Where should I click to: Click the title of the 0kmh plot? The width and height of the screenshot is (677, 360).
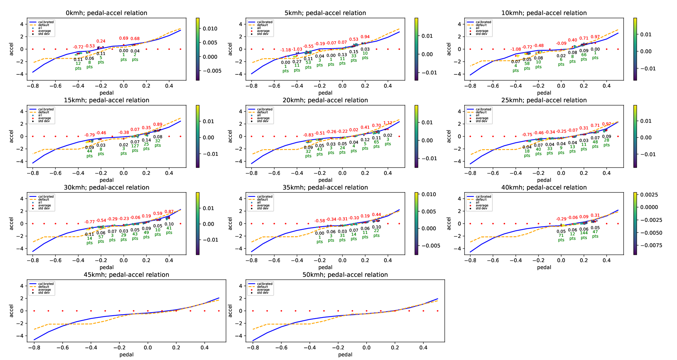pyautogui.click(x=106, y=13)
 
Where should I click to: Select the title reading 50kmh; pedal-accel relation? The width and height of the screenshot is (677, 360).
pyautogui.click(x=345, y=275)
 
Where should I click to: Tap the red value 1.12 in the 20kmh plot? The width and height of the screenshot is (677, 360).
pyautogui.click(x=388, y=123)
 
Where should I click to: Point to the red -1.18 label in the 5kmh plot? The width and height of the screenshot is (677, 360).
pyautogui.click(x=285, y=50)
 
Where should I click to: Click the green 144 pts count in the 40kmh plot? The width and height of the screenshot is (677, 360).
pyautogui.click(x=584, y=233)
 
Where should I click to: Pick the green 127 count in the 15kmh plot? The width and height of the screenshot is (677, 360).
pyautogui.click(x=135, y=146)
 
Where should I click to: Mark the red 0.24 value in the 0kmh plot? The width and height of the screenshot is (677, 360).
pyautogui.click(x=101, y=41)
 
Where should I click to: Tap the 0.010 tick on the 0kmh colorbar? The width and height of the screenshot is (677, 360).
pyautogui.click(x=210, y=29)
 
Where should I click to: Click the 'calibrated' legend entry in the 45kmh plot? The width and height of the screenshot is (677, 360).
pyautogui.click(x=46, y=284)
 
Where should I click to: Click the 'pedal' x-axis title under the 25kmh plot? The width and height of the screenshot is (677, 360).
pyautogui.click(x=544, y=180)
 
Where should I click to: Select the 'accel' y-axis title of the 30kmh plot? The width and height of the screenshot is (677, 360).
pyautogui.click(x=11, y=223)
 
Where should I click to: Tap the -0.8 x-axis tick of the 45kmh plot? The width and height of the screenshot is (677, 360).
pyautogui.click(x=34, y=348)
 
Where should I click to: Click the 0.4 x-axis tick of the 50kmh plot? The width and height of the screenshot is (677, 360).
pyautogui.click(x=423, y=348)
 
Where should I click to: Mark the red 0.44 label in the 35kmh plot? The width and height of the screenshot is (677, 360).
pyautogui.click(x=376, y=215)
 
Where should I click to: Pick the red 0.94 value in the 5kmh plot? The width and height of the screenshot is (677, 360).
pyautogui.click(x=365, y=37)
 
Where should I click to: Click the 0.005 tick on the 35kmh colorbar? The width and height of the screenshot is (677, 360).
pyautogui.click(x=429, y=212)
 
